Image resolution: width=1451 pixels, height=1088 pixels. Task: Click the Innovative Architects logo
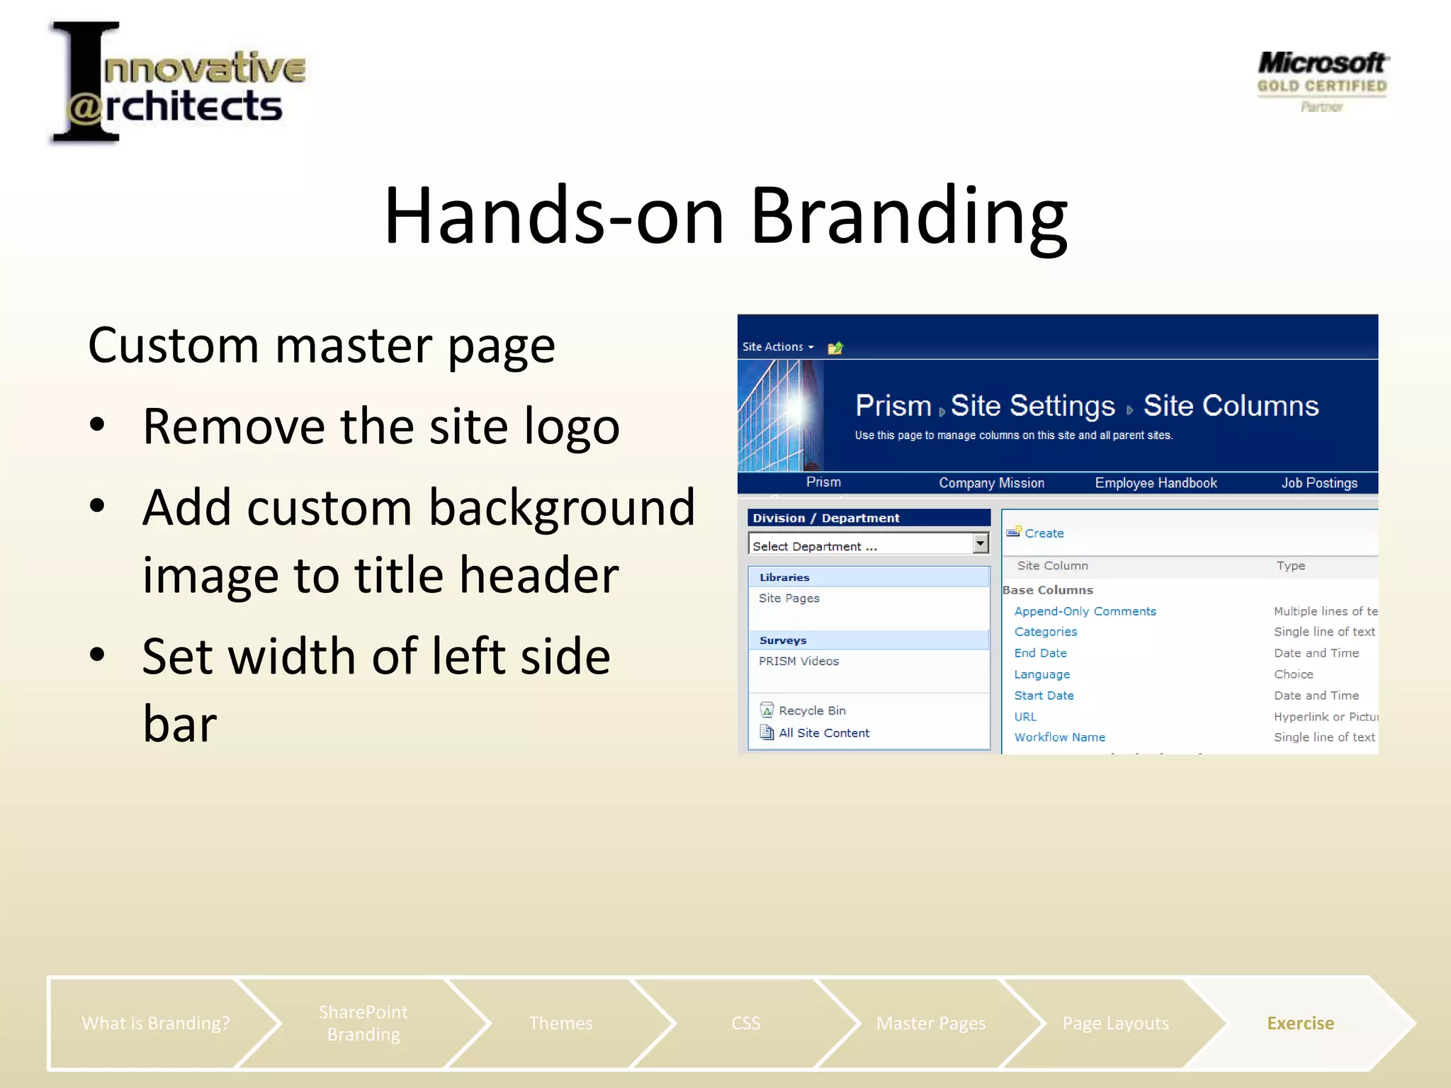click(177, 84)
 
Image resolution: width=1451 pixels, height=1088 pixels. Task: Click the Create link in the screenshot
click(1044, 533)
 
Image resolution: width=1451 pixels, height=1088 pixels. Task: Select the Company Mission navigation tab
click(991, 483)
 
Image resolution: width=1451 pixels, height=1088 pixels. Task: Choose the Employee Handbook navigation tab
click(1156, 483)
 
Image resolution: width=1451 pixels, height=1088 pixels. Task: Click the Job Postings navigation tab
click(1319, 483)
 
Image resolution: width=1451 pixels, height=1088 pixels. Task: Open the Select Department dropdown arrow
click(980, 543)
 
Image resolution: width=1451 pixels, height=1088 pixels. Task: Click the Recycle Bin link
click(812, 710)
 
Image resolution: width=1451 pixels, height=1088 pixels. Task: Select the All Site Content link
click(823, 733)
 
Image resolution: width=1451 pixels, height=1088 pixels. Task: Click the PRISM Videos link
click(798, 661)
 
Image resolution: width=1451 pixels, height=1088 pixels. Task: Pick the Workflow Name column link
click(1059, 737)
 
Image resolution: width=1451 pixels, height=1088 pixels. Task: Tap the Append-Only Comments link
click(1084, 611)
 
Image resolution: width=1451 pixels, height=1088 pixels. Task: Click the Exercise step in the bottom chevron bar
click(1300, 1023)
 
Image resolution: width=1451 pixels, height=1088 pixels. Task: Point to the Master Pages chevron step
click(930, 1023)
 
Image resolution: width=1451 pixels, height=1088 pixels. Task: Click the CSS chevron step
click(745, 1023)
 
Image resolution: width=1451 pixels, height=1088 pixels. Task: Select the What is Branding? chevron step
click(156, 1023)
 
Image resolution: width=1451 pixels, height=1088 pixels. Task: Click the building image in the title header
click(780, 416)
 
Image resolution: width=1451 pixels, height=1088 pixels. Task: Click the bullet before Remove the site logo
click(98, 425)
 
